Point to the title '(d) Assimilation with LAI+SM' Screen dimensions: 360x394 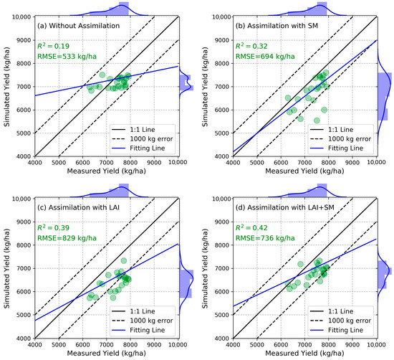(281, 208)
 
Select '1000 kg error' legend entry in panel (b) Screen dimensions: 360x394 (348, 135)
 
